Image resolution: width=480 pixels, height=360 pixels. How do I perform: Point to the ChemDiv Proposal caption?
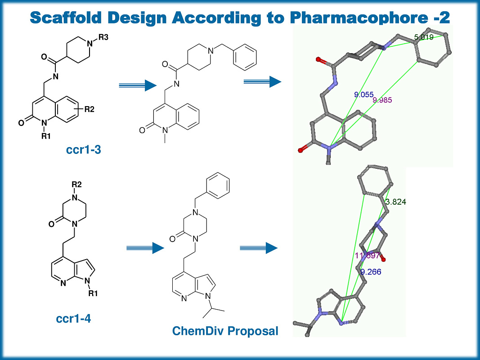tap(225, 332)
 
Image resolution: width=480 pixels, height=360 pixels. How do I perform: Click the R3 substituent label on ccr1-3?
tap(103, 37)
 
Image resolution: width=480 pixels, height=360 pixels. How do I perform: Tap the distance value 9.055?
tap(364, 95)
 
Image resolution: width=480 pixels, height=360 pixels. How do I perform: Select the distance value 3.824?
tap(396, 202)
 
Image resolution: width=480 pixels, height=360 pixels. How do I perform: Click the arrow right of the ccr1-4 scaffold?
tap(144, 247)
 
